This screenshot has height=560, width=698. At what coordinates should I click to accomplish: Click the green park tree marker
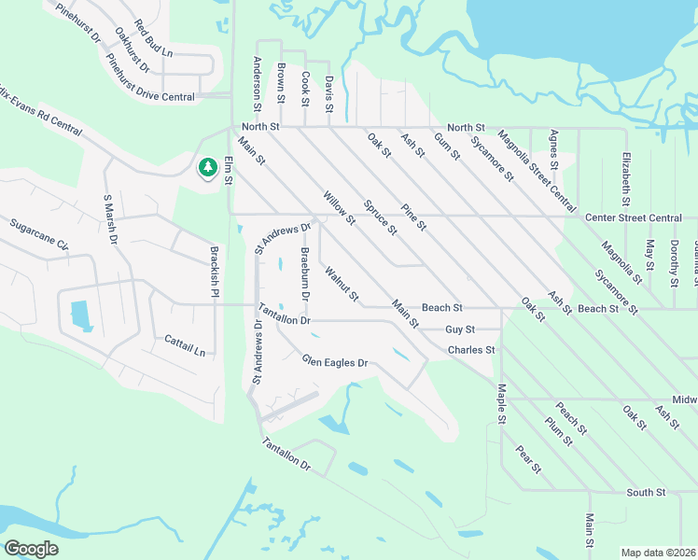pyautogui.click(x=206, y=168)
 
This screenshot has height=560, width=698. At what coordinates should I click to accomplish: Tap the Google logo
pyautogui.click(x=32, y=549)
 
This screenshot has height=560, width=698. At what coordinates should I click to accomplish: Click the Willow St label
pyautogui.click(x=339, y=207)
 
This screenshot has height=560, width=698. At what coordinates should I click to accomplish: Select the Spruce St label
pyautogui.click(x=381, y=217)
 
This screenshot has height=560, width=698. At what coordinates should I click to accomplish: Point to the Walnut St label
pyautogui.click(x=342, y=285)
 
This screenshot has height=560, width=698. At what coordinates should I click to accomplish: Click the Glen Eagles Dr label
pyautogui.click(x=335, y=362)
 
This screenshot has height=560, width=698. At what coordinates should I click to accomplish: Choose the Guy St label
pyautogui.click(x=460, y=329)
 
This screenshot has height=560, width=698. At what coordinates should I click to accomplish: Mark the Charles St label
pyautogui.click(x=470, y=350)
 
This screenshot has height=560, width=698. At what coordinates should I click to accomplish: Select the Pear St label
pyautogui.click(x=528, y=460)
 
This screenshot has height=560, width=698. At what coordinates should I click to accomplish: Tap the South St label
pyautogui.click(x=646, y=492)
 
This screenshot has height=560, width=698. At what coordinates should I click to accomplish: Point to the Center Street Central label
pyautogui.click(x=633, y=217)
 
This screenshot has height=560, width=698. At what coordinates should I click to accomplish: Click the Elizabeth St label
pyautogui.click(x=626, y=177)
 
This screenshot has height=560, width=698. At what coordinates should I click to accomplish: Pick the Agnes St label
pyautogui.click(x=554, y=149)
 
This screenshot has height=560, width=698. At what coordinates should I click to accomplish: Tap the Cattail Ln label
pyautogui.click(x=185, y=344)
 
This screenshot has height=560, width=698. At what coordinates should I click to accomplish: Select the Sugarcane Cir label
pyautogui.click(x=39, y=234)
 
